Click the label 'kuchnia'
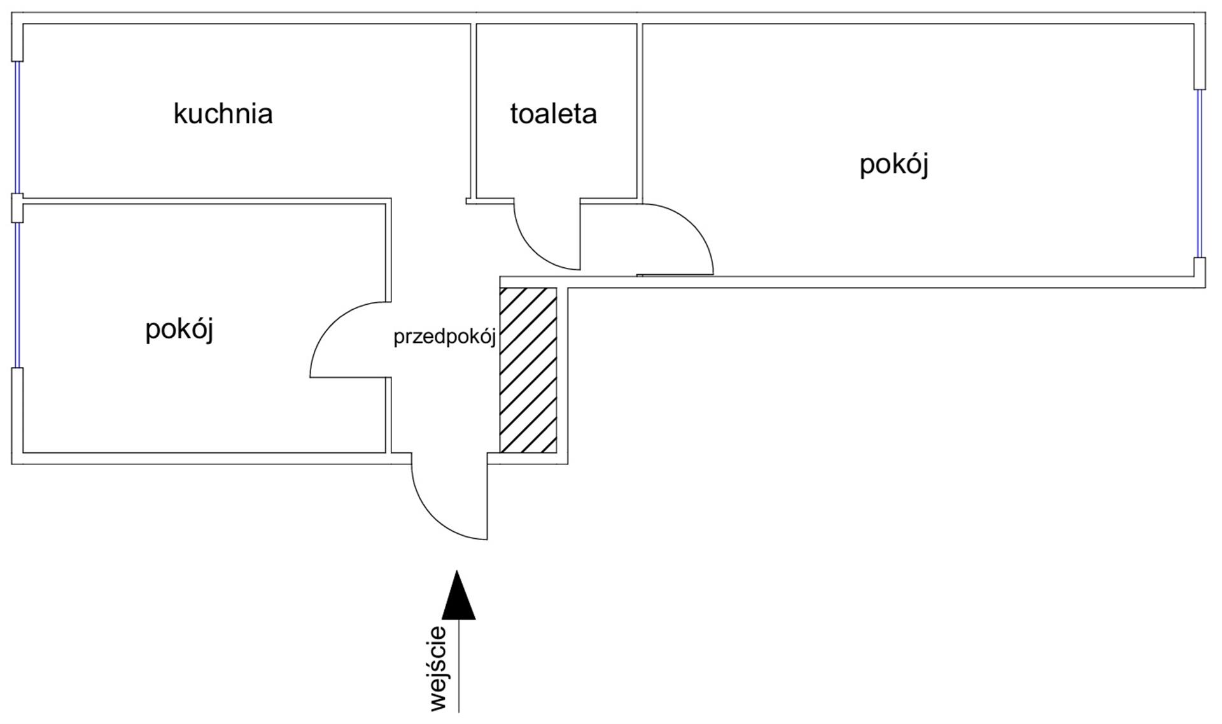click(x=223, y=114)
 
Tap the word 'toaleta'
click(x=553, y=114)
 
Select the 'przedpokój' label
click(x=444, y=337)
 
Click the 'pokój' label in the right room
click(x=894, y=164)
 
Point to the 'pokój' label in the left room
click(x=179, y=330)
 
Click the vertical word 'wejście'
click(x=439, y=669)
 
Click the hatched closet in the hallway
click(x=528, y=370)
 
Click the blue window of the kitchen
click(x=18, y=127)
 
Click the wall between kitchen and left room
click(x=204, y=201)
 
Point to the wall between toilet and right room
click(x=640, y=111)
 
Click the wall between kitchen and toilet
click(x=474, y=111)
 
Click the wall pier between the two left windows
click(x=17, y=208)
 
